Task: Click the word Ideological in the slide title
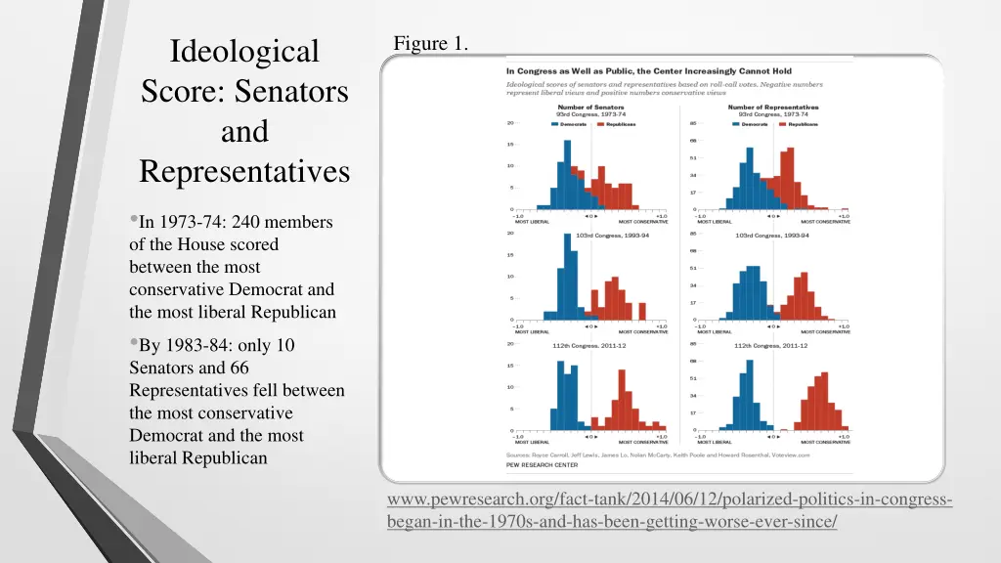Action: [244, 51]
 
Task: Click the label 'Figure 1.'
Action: [430, 43]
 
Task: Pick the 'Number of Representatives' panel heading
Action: [773, 108]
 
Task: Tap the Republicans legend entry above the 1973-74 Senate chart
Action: [618, 124]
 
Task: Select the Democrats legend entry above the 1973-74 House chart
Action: [754, 124]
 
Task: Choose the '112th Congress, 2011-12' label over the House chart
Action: [772, 345]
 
